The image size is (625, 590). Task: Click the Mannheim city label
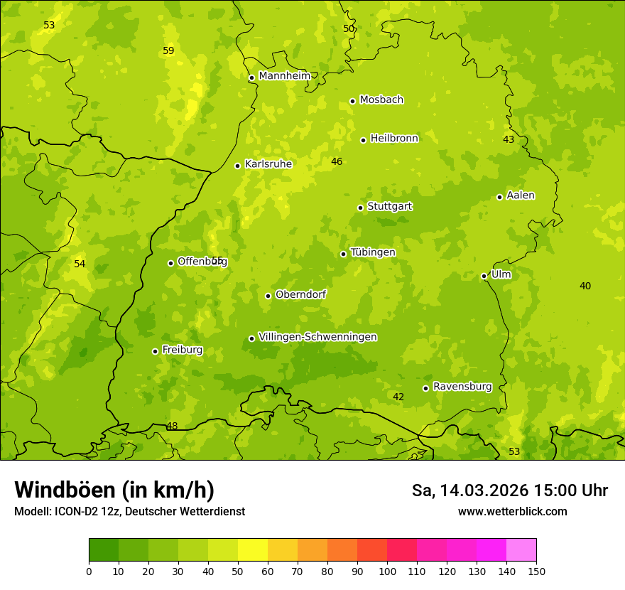(x=284, y=76)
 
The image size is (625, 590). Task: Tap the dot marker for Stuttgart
(x=360, y=208)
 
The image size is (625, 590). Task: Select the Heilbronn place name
(x=394, y=139)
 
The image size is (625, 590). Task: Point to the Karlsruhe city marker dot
(x=237, y=166)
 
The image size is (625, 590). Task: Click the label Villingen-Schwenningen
(x=317, y=337)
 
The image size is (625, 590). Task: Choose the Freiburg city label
(x=182, y=350)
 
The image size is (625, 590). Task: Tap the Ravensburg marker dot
(x=425, y=388)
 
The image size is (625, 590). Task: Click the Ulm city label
(x=501, y=274)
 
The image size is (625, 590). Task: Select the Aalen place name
(x=521, y=195)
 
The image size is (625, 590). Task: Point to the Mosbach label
(x=381, y=100)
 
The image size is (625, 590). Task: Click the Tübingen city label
(x=373, y=252)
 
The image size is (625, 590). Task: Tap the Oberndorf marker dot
(x=268, y=296)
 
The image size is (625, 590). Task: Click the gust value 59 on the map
(x=168, y=51)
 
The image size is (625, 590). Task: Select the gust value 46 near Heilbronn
(x=337, y=162)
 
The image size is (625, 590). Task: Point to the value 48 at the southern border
(x=172, y=427)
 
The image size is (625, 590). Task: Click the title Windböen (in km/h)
(x=114, y=490)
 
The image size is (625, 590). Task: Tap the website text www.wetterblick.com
(x=512, y=512)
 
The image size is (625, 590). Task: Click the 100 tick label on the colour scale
(x=387, y=571)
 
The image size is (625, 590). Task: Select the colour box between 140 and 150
(x=521, y=550)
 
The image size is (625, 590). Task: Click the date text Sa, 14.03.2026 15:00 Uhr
(x=509, y=490)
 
